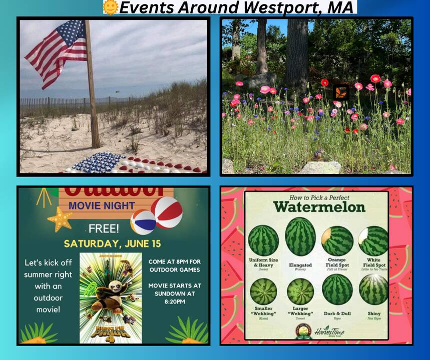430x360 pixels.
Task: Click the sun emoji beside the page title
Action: point(110,7)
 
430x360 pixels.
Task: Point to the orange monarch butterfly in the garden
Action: point(341,92)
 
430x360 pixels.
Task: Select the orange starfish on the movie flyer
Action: point(60,219)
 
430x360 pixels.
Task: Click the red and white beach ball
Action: point(167,212)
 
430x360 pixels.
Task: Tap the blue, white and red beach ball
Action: point(143,222)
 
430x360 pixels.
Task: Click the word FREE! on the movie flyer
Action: point(104,229)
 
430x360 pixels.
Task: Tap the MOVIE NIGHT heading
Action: point(102,205)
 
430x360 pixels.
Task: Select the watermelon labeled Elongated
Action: point(300,236)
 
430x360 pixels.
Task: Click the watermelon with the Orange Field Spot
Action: point(337,240)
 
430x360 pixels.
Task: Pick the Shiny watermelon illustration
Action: point(373,289)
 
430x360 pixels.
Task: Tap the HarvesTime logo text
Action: point(329,330)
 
